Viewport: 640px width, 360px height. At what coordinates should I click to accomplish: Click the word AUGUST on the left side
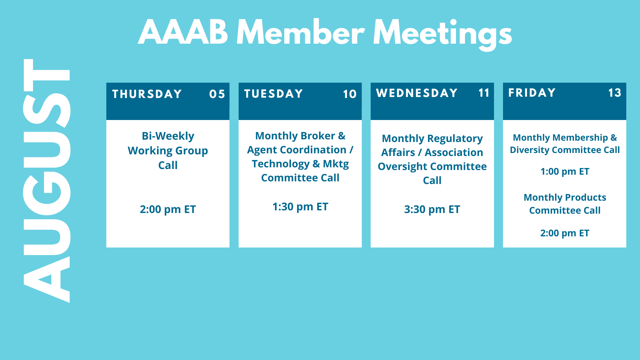point(47,181)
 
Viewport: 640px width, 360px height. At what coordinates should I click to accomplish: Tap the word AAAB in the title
point(183,33)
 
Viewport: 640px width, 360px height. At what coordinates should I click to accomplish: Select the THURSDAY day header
point(147,94)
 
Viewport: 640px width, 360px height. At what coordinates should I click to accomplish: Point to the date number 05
point(217,94)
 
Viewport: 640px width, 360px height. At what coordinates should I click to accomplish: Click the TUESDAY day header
point(273,94)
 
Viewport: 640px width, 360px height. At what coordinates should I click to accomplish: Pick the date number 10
point(350,94)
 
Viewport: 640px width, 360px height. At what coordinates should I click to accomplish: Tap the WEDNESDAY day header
point(417,93)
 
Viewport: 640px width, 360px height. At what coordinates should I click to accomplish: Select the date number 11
point(484,93)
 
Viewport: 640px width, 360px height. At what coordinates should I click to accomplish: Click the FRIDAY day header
point(532,92)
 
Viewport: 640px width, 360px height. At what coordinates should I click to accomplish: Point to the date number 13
point(615,93)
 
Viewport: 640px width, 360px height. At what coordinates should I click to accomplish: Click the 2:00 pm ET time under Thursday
point(168,209)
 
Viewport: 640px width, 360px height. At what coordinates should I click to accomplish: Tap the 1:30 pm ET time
point(300,207)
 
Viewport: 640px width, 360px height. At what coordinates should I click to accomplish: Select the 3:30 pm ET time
point(432,209)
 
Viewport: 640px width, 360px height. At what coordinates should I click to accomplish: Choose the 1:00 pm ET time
point(565,171)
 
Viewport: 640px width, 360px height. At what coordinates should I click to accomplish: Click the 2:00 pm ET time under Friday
point(565,233)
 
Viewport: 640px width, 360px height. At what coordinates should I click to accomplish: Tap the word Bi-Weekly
point(168,136)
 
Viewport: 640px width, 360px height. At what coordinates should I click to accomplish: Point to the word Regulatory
point(455,139)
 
